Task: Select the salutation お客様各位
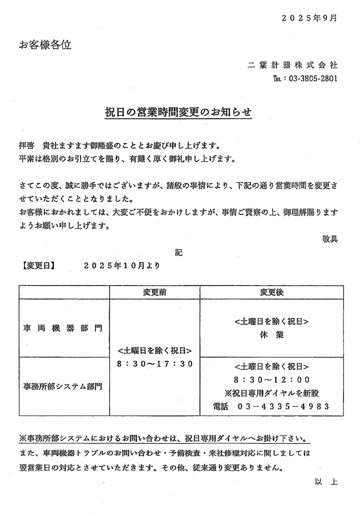45,45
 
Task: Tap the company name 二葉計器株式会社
292,65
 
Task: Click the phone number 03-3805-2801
312,79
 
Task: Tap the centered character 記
179,253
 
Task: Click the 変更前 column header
155,292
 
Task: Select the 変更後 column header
272,292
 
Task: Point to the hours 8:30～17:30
155,364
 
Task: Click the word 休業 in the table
272,334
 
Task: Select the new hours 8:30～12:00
272,379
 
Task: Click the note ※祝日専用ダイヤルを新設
272,393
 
